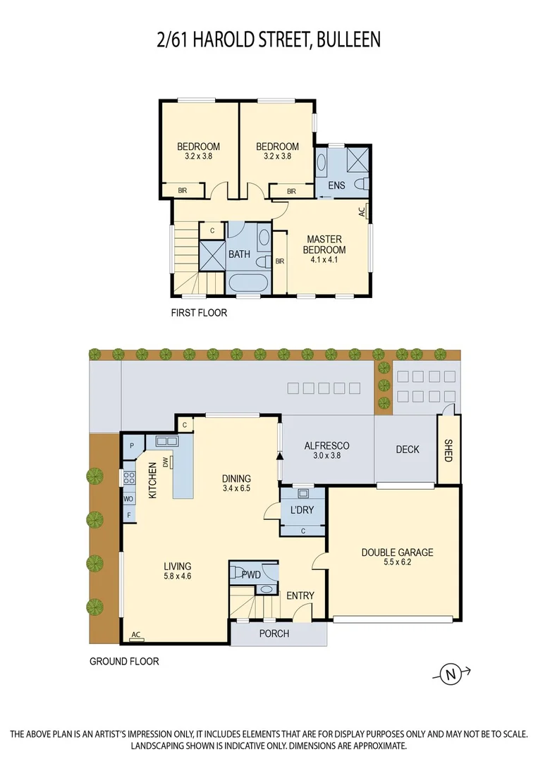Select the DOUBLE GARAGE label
397,552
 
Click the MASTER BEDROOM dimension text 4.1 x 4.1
324,259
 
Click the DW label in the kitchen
166,462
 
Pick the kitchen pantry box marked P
132,445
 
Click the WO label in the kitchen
128,499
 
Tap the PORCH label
274,633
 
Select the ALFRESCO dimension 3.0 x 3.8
326,455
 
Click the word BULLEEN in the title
348,40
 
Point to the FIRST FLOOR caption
199,313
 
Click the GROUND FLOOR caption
124,661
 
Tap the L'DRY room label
302,509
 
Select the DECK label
408,450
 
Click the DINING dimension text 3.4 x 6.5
236,488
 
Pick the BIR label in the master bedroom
280,261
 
